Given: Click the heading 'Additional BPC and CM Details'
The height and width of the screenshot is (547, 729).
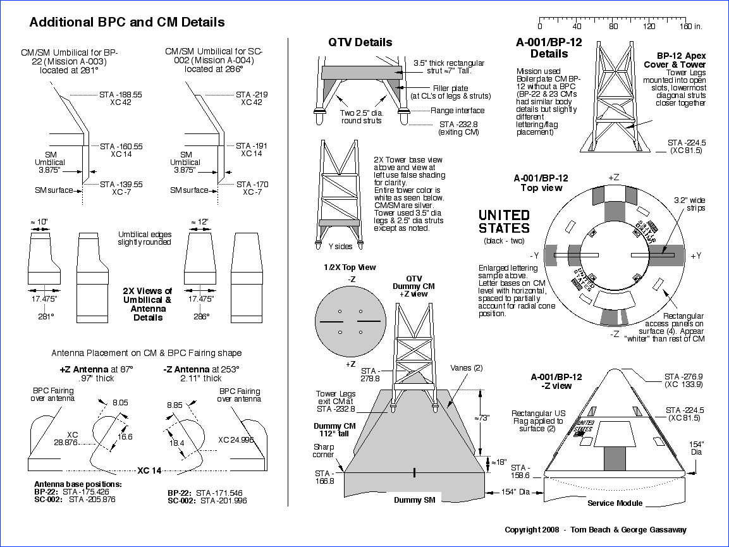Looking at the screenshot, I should (127, 22).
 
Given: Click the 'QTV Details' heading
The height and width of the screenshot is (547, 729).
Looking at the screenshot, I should (360, 42).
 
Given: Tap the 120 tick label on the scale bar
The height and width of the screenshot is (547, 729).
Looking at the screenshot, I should (649, 27).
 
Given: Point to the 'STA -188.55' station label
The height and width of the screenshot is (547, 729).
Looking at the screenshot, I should (121, 94).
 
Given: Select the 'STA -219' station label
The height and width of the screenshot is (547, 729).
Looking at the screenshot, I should (252, 94).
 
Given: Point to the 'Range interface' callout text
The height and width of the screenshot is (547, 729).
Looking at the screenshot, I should (458, 111).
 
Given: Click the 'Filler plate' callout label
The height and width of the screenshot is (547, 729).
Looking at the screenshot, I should (450, 88).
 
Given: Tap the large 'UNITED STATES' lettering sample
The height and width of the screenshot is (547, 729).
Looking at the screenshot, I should (504, 222).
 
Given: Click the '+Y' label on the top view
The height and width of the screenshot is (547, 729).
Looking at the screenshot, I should (695, 255).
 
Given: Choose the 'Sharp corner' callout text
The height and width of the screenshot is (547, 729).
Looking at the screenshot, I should (324, 450).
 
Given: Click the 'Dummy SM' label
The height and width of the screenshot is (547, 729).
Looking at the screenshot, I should (414, 500).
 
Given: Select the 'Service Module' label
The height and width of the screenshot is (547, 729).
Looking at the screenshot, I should (615, 503).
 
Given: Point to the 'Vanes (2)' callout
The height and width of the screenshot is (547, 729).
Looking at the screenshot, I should (466, 367).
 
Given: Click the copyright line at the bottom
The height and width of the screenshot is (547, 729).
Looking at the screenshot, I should (595, 530).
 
